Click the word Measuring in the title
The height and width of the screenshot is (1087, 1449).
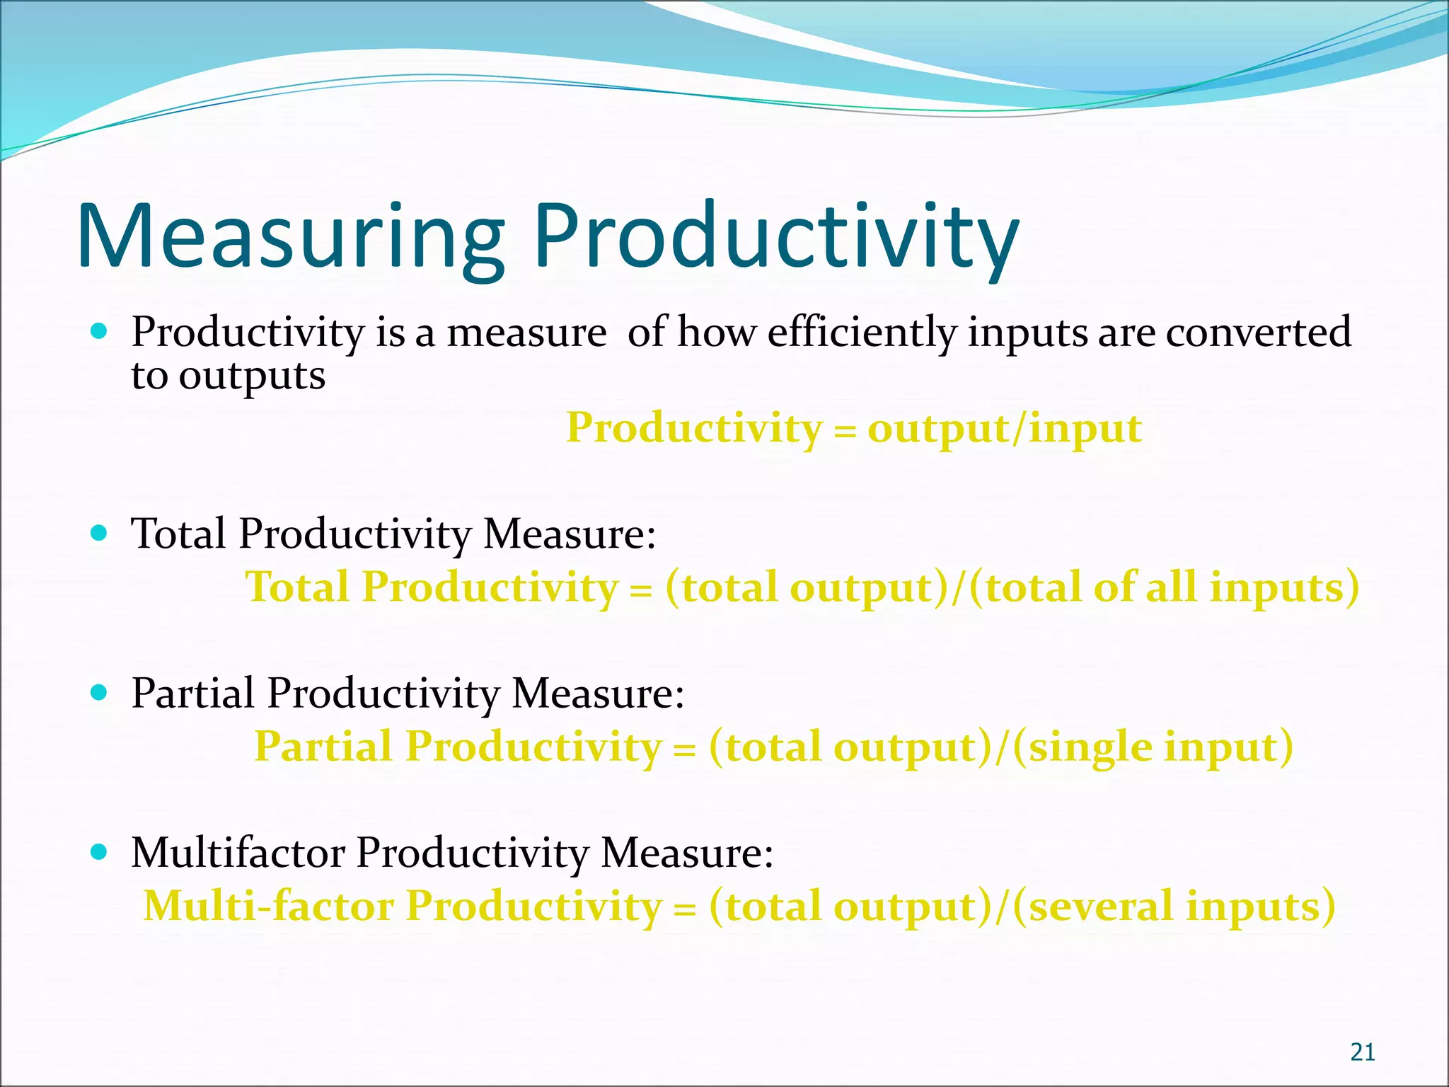point(290,237)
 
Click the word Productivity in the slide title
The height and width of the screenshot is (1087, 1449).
point(775,237)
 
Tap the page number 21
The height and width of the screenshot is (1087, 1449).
point(1363,1052)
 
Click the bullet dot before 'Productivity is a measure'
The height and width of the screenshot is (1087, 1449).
point(99,330)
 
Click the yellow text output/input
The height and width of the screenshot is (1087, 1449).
point(1005,429)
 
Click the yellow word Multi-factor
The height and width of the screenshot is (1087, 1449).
point(268,907)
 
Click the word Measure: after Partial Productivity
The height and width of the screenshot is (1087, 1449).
point(598,693)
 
